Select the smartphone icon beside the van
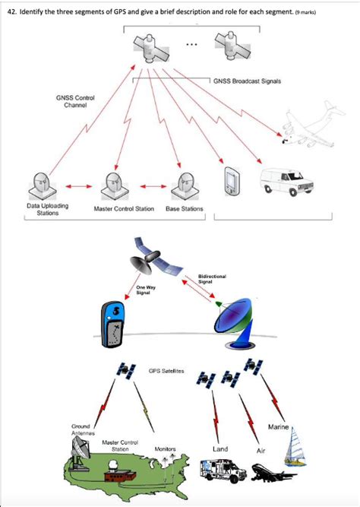tap(232, 182)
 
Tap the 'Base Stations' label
tap(184, 208)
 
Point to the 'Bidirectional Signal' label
tap(209, 279)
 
